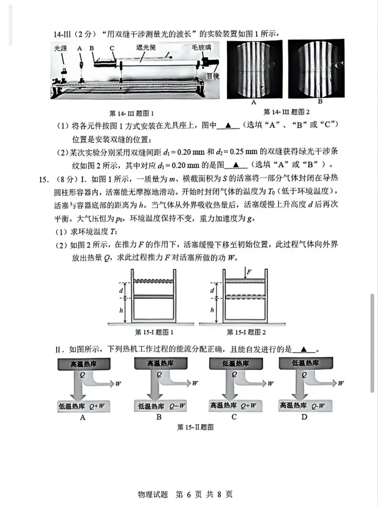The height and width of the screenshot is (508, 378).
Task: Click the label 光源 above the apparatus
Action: [60, 48]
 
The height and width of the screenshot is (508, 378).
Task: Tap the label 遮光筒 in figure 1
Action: [146, 47]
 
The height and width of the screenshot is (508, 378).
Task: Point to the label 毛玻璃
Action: [201, 47]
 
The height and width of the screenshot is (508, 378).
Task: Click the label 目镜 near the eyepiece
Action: [212, 76]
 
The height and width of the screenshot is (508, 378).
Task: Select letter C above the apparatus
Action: [112, 48]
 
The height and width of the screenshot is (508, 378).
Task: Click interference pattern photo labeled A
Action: [254, 69]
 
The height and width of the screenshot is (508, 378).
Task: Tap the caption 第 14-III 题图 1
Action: [131, 113]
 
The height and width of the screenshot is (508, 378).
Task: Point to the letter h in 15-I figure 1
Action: [121, 310]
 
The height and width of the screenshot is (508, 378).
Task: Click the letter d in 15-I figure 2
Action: [212, 290]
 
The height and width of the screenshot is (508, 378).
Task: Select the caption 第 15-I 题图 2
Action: [246, 332]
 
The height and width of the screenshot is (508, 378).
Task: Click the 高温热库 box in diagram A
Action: [84, 364]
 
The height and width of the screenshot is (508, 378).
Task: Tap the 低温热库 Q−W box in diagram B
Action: [160, 406]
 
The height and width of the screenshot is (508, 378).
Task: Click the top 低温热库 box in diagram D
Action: [305, 363]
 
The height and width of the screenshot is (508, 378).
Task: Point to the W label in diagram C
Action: [271, 384]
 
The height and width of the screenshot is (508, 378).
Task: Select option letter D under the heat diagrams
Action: [304, 417]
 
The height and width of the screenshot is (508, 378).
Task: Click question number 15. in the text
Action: [43, 179]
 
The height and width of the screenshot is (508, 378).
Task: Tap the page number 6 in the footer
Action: [189, 494]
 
